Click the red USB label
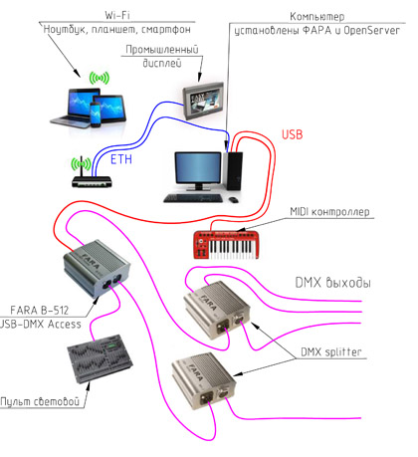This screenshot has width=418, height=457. pyautogui.click(x=293, y=134)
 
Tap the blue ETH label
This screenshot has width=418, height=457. pyautogui.click(x=121, y=159)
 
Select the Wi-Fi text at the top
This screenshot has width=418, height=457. pyautogui.click(x=117, y=15)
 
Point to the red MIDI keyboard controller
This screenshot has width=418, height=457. pyautogui.click(x=226, y=244)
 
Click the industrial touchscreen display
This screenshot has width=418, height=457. pyautogui.click(x=203, y=101)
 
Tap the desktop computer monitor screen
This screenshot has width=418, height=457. pyautogui.click(x=198, y=167)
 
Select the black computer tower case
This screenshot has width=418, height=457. pyautogui.click(x=235, y=170)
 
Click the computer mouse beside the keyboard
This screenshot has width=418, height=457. pyautogui.click(x=233, y=199)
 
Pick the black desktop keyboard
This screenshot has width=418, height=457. pyautogui.click(x=193, y=198)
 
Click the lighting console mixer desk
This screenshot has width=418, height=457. pyautogui.click(x=100, y=358)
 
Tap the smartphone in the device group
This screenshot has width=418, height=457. pyautogui.click(x=96, y=114)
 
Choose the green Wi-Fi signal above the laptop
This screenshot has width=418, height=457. pyautogui.click(x=100, y=79)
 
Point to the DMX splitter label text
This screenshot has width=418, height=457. pyautogui.click(x=330, y=351)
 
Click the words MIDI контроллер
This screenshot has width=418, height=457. pyautogui.click(x=329, y=211)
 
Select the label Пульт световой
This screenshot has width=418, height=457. pyautogui.click(x=40, y=401)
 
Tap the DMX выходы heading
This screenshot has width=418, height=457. pyautogui.click(x=332, y=283)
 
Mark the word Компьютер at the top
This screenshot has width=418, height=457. pyautogui.click(x=317, y=16)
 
